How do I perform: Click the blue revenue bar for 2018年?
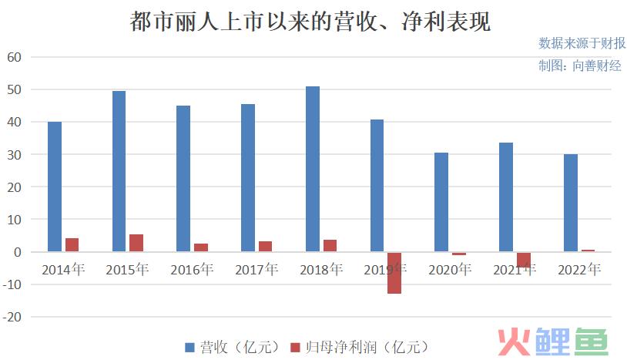click(x=313, y=169)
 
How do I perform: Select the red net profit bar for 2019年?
click(x=394, y=273)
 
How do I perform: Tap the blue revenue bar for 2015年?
click(x=119, y=171)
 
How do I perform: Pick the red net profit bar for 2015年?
click(x=136, y=243)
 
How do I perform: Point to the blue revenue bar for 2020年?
click(x=441, y=202)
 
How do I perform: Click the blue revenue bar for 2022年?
click(x=570, y=203)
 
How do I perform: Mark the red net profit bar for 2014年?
click(x=72, y=245)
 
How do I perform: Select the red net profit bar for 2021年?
click(x=524, y=259)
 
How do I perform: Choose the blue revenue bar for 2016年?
click(x=183, y=178)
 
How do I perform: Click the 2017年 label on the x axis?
click(x=256, y=269)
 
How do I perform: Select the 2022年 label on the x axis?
click(x=578, y=269)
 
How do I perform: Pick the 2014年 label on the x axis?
click(x=63, y=269)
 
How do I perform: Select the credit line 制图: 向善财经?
click(x=579, y=66)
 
